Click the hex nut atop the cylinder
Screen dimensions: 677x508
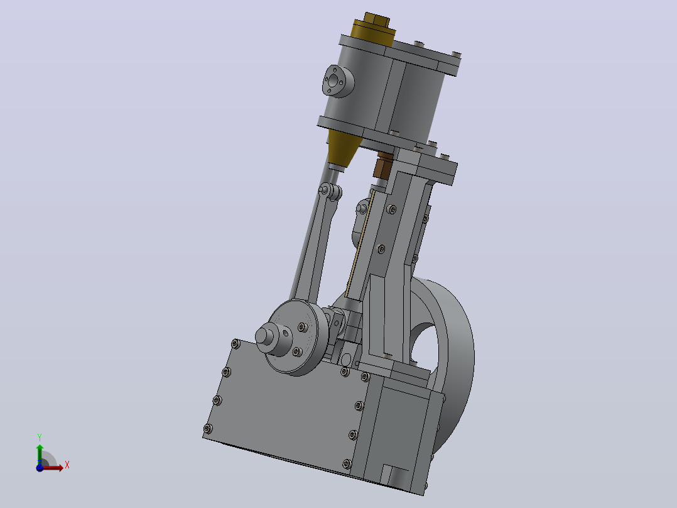pyautogui.click(x=377, y=20)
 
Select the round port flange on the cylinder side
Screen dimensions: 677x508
pyautogui.click(x=338, y=81)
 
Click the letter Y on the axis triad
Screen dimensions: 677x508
pyautogui.click(x=40, y=438)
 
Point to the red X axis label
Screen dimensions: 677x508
pyautogui.click(x=67, y=465)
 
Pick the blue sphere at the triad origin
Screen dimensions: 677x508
pyautogui.click(x=40, y=467)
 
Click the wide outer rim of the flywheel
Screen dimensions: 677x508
pyautogui.click(x=458, y=359)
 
